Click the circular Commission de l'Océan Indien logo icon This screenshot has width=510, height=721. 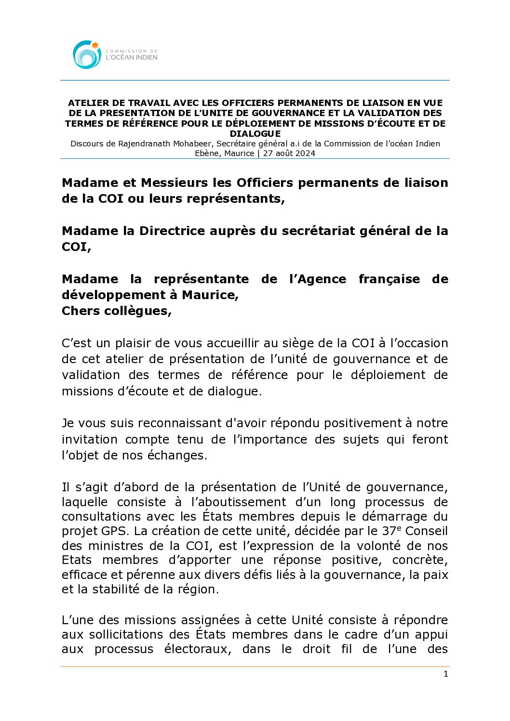(x=87, y=54)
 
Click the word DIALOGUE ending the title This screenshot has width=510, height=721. (x=255, y=133)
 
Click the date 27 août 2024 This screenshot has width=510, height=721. (x=289, y=153)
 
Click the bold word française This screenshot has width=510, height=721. (x=389, y=279)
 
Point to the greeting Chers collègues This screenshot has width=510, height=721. (x=116, y=311)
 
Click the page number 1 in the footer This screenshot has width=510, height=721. (x=445, y=674)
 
